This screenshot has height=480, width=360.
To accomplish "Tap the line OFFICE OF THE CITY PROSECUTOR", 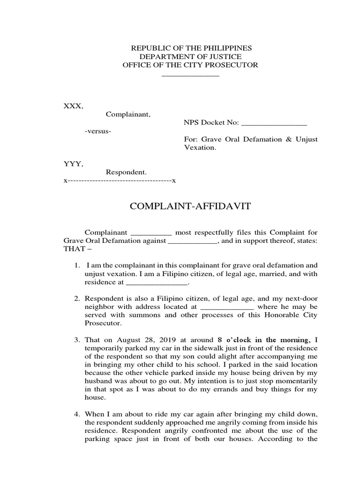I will pos(190,65).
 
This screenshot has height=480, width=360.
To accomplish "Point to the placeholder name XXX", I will pos(73,106).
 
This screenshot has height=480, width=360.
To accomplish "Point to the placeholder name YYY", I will pos(73,164).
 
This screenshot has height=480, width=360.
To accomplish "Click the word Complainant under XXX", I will pos(128,114).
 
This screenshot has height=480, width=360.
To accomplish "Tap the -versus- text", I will pos(98,131).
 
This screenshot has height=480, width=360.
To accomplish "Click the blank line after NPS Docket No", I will pos(273,123).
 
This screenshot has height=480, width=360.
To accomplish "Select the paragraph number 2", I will pos(77,298).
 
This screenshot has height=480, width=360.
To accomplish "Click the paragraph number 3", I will pos(77,339).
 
